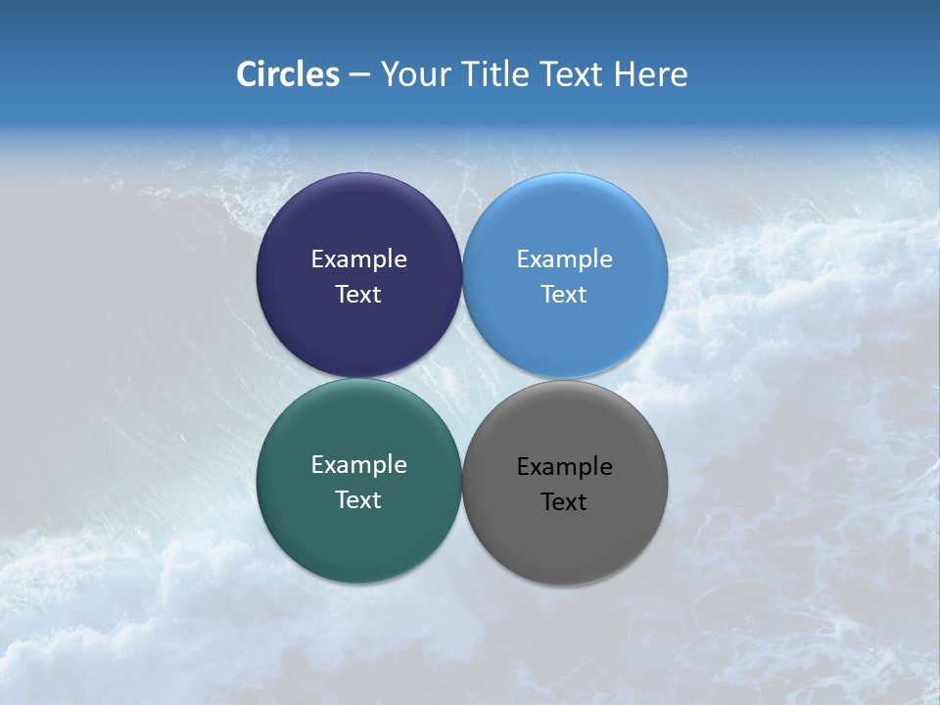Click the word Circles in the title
pyautogui.click(x=288, y=74)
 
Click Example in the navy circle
pyautogui.click(x=358, y=259)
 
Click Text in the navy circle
pyautogui.click(x=358, y=295)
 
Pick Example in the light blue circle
pyautogui.click(x=565, y=259)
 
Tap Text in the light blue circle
pyautogui.click(x=564, y=295)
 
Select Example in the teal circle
pyautogui.click(x=358, y=465)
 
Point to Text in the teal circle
pyautogui.click(x=358, y=500)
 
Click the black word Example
pyautogui.click(x=565, y=467)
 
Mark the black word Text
pyautogui.click(x=564, y=502)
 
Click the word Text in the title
pyautogui.click(x=573, y=74)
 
